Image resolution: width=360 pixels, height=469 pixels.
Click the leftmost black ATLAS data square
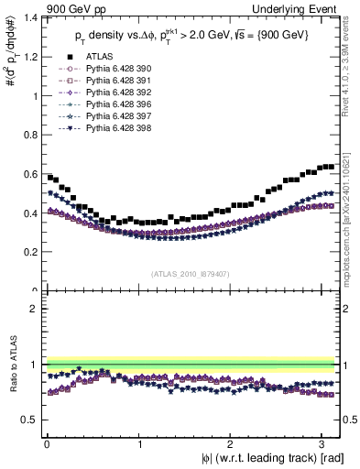(x=49, y=177)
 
